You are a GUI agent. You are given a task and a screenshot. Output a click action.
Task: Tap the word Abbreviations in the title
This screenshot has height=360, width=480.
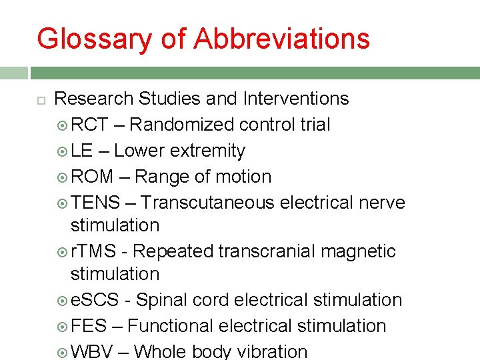281,39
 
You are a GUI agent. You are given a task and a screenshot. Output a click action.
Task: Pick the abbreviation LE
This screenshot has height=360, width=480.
82,151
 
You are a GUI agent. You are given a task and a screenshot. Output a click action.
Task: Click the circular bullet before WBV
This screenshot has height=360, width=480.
61,352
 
